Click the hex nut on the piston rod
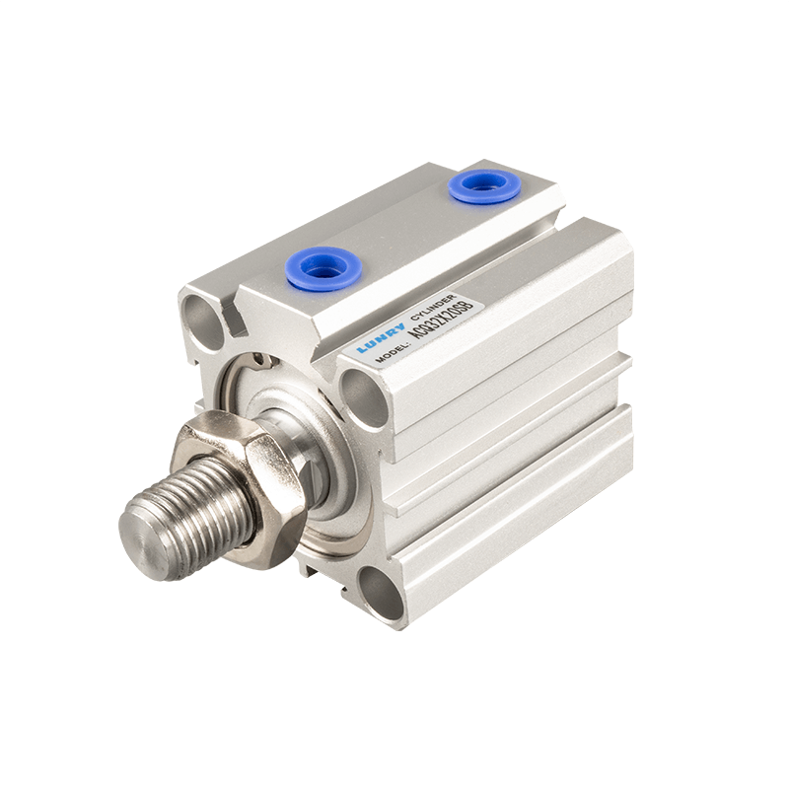pos(236,483)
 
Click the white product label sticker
pos(413,331)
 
